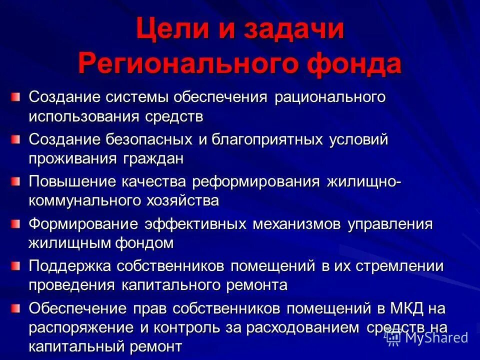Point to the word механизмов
tap(296, 223)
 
